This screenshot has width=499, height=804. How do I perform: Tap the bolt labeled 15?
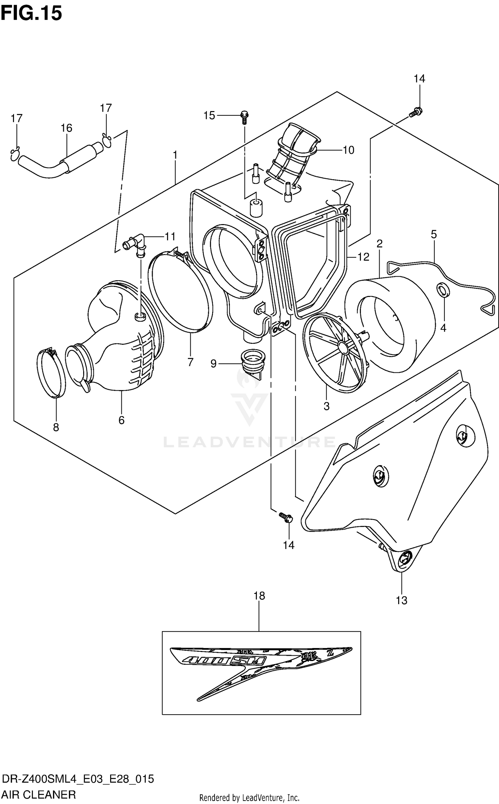245,117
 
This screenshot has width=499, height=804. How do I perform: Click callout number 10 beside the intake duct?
348,150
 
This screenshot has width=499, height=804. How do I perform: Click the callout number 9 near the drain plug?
213,363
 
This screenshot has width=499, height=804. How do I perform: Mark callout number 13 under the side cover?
402,601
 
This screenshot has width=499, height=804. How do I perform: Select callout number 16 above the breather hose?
66,128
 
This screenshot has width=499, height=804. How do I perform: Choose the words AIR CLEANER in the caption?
39,794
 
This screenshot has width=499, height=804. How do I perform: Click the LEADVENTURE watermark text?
249,442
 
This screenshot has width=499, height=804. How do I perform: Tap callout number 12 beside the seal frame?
363,257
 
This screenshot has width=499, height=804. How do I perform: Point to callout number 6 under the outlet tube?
121,420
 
